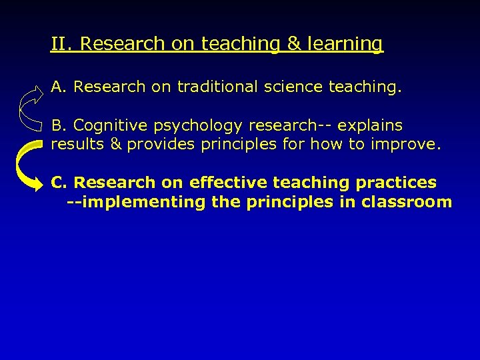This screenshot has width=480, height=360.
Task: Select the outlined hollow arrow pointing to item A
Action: [x=31, y=105]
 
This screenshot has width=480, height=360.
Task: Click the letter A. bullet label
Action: [x=59, y=87]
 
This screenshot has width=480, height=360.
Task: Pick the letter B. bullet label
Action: [x=59, y=125]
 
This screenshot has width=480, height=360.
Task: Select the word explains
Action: [x=369, y=126]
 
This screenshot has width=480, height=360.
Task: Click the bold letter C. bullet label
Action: [x=59, y=183]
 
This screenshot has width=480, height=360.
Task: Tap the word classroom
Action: [x=406, y=202]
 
